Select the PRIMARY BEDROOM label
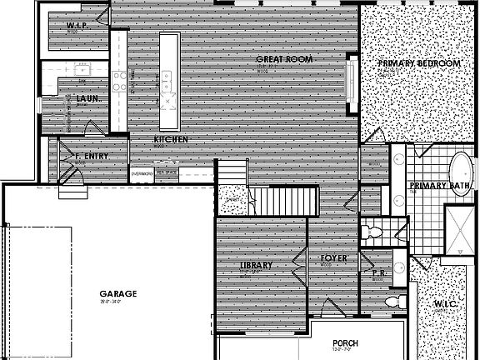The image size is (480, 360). (x=418, y=63)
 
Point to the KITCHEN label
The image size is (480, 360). (x=170, y=139)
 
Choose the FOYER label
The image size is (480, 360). (x=333, y=258)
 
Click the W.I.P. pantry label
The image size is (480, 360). (x=77, y=27)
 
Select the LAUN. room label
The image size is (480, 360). (x=88, y=99)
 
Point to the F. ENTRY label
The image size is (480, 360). (x=92, y=156)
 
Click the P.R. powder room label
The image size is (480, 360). (x=377, y=272)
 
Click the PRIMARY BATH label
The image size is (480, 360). (x=439, y=186)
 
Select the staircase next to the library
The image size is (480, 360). (x=285, y=200)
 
